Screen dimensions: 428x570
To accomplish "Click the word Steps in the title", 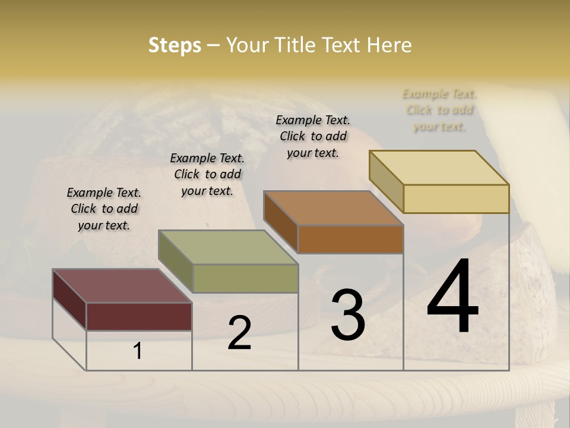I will pos(175,45).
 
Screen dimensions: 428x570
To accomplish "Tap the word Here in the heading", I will pos(389,45).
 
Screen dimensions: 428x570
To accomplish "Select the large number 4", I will pos(452,297).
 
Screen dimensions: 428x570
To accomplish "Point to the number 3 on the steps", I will pos(348,314).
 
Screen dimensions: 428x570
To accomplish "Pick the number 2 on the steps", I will pos(239,333).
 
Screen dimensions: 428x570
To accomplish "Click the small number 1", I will pos(138,351).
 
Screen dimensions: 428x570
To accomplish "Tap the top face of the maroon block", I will pos(122,286).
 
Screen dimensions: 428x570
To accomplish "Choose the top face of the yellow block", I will pos(439,167).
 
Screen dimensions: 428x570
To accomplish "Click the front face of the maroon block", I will pos(139,316).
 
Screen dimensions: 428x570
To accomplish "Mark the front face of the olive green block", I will pos(245,278).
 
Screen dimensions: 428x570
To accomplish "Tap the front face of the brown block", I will pos(350,240).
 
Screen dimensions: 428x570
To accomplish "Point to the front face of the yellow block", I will pos(456,199).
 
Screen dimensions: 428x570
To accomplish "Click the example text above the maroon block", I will pos(104,209).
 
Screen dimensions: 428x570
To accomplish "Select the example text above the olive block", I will pos(207,174).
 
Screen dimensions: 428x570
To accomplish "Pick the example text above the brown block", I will pos(313,136).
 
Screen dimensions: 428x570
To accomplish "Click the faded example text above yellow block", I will pos(439,110).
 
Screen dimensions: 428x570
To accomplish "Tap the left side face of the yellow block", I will pos(386,181).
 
